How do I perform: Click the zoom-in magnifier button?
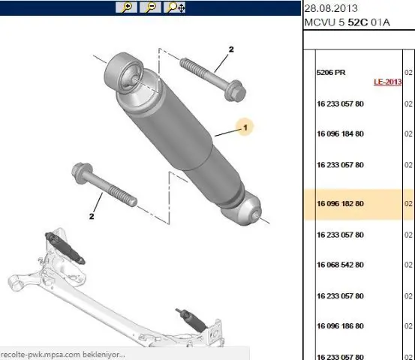(x=126, y=7)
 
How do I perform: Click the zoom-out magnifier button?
(x=150, y=7)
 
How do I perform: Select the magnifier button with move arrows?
(x=174, y=7)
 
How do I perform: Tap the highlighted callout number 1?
(x=245, y=127)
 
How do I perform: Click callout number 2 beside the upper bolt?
(x=231, y=49)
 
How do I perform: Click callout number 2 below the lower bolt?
(x=92, y=216)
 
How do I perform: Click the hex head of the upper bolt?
(x=235, y=91)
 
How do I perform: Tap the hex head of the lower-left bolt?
(x=82, y=172)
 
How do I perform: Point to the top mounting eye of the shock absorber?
(x=124, y=73)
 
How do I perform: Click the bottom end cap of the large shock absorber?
(x=242, y=209)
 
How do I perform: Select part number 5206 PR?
(x=331, y=73)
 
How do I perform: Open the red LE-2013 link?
(x=387, y=82)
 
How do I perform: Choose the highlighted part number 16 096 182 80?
(x=340, y=204)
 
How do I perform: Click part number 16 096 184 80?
(x=340, y=133)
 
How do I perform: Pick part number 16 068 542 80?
(x=340, y=265)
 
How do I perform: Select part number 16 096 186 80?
(x=340, y=326)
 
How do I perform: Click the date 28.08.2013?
(x=331, y=8)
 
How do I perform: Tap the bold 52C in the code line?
(x=358, y=22)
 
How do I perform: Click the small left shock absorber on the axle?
(x=65, y=248)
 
